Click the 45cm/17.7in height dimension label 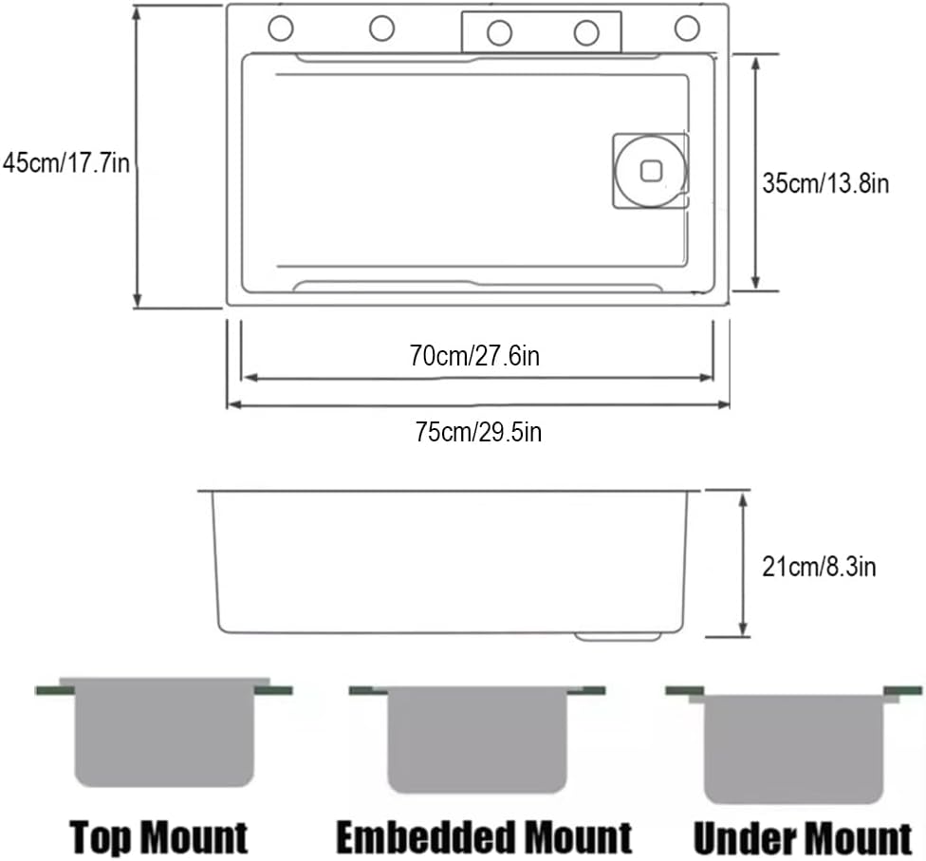(65, 163)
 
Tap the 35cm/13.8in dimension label (825, 183)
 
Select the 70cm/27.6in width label (474, 356)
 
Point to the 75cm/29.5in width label (478, 432)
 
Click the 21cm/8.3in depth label (819, 567)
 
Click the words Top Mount (158, 837)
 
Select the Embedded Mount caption (484, 837)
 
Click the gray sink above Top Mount (164, 732)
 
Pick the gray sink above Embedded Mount (477, 739)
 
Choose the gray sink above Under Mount (794, 749)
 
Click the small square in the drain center (652, 172)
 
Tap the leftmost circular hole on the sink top (281, 28)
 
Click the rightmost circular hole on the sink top (688, 28)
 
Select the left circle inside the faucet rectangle (500, 33)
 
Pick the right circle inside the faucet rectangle (586, 33)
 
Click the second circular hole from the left (382, 28)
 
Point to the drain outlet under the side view (618, 636)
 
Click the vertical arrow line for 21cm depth (744, 564)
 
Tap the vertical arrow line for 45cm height (137, 158)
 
